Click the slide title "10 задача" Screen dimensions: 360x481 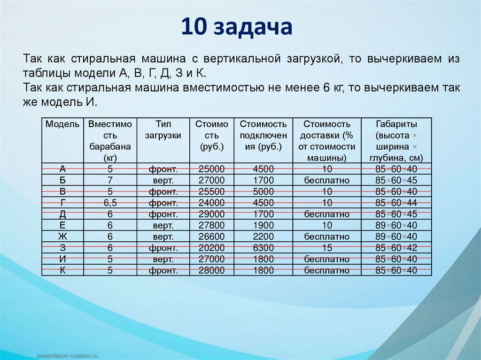click(x=237, y=27)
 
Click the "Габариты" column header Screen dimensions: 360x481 click(x=396, y=124)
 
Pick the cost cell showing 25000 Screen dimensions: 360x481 click(x=212, y=169)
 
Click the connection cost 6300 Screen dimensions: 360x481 click(x=263, y=248)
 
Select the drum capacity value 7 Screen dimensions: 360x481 click(x=110, y=181)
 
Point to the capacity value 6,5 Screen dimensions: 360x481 click(x=110, y=203)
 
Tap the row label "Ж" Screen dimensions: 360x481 click(x=62, y=237)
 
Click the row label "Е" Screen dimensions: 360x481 click(x=62, y=225)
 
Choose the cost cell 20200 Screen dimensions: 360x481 click(x=212, y=248)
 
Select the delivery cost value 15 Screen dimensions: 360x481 click(x=327, y=248)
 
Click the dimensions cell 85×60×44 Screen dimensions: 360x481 click(x=396, y=203)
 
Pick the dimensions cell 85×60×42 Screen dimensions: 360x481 click(x=396, y=248)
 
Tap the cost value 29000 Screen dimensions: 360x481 click(x=212, y=214)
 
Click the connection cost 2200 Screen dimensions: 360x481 click(x=263, y=237)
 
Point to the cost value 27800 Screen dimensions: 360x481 click(x=212, y=225)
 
